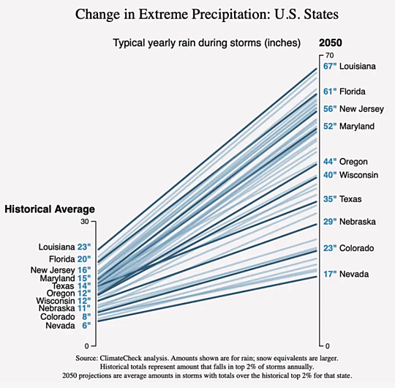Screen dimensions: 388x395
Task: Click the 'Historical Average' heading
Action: tap(50, 209)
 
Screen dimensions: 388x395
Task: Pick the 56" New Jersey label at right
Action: tap(353, 109)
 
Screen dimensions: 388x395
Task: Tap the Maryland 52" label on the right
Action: tap(354, 126)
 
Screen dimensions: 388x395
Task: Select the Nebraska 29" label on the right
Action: tap(351, 222)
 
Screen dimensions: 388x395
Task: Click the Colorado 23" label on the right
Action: tap(351, 248)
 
